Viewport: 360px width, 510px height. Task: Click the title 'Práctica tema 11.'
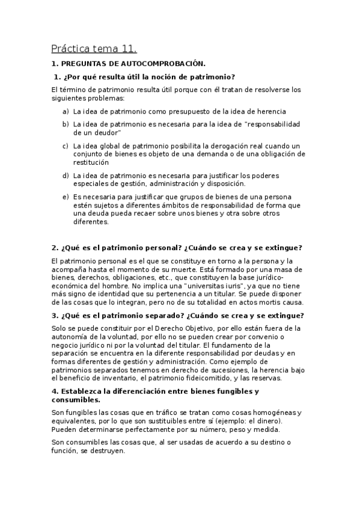coord(94,48)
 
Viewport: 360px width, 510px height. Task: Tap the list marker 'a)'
coord(66,111)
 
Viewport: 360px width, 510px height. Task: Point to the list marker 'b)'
coord(66,124)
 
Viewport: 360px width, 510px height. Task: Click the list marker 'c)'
coord(66,146)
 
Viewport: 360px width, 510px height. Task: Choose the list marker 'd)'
coord(66,175)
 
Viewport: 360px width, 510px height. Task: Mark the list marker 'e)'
coord(66,197)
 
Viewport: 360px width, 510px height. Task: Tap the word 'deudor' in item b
coord(108,132)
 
